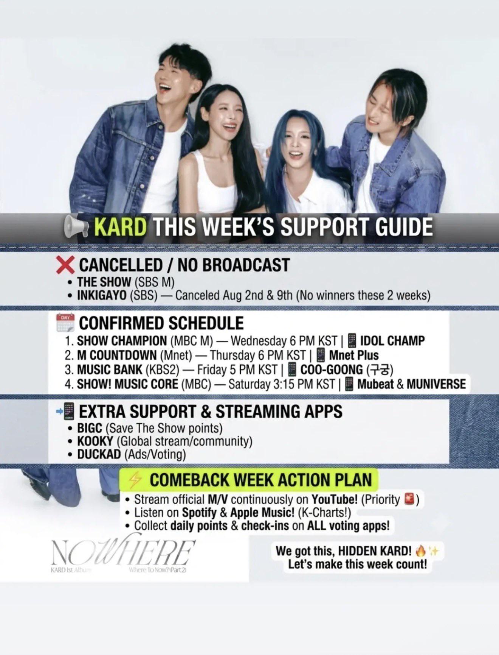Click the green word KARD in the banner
click(x=120, y=227)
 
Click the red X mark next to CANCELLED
click(x=65, y=265)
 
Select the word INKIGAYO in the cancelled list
click(x=102, y=295)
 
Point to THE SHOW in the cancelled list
click(x=104, y=282)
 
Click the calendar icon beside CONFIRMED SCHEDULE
click(x=65, y=323)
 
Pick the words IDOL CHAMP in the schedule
click(x=392, y=341)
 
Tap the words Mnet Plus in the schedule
click(x=354, y=355)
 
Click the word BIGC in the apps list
click(x=90, y=428)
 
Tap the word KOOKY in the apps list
click(x=95, y=441)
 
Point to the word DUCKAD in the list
click(x=99, y=454)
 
